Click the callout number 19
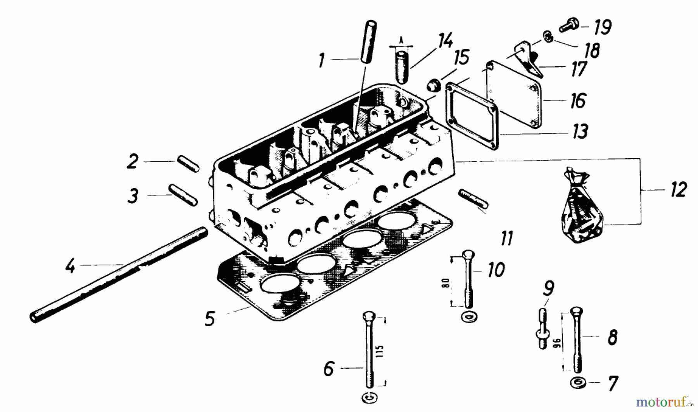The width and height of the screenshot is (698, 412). [x=603, y=27]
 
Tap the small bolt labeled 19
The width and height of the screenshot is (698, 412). [x=569, y=26]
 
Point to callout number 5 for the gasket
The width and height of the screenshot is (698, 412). [x=210, y=319]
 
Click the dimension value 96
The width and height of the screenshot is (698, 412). [x=558, y=344]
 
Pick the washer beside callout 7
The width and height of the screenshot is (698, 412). [x=578, y=382]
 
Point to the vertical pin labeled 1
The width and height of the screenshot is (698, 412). [x=368, y=42]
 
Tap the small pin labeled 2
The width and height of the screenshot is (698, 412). [x=188, y=164]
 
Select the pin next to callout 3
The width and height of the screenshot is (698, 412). [x=183, y=195]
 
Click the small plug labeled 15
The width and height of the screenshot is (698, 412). [x=434, y=85]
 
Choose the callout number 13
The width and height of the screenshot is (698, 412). [x=580, y=132]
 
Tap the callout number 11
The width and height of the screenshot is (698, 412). [x=507, y=238]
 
